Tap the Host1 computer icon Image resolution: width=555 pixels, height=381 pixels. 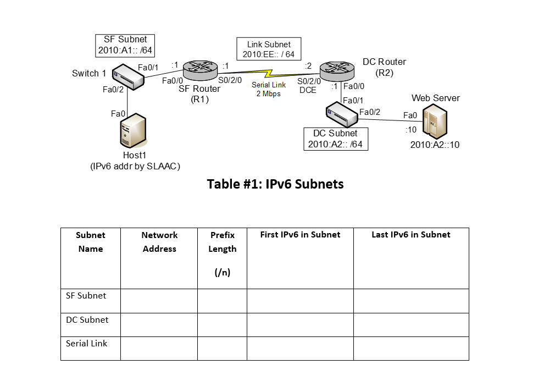134,131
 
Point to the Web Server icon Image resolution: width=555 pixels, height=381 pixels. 434,123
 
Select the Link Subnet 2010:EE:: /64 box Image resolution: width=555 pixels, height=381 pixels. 269,49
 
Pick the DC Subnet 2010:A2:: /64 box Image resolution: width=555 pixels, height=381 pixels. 335,139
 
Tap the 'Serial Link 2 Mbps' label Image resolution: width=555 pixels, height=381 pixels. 269,89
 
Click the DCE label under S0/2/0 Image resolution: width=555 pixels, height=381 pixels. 308,90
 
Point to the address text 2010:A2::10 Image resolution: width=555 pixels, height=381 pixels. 435,145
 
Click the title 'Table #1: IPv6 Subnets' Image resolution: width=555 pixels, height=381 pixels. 275,184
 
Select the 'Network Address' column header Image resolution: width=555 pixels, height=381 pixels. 159,242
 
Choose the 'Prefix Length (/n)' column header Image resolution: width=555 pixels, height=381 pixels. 222,253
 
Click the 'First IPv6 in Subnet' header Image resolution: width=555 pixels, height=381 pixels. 300,235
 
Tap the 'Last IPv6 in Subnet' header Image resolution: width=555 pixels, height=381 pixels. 410,235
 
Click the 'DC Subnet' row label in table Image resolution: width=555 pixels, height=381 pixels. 87,320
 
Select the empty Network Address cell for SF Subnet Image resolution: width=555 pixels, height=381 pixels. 159,301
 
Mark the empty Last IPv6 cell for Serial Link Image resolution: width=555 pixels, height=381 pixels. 411,349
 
